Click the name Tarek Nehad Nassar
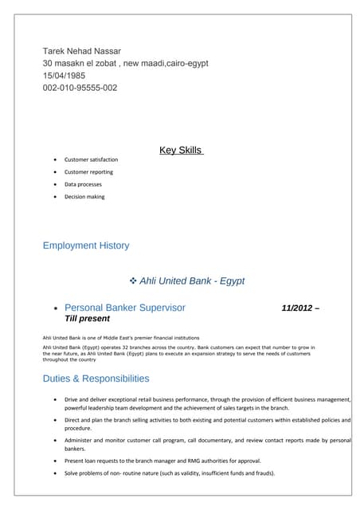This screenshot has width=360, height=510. (x=82, y=51)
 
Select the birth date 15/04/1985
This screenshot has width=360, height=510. (x=68, y=76)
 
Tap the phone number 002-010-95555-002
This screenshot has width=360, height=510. (x=80, y=88)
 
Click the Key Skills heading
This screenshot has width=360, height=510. (x=181, y=150)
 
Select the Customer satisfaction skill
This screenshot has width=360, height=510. (x=91, y=159)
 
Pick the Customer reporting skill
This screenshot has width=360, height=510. (x=88, y=172)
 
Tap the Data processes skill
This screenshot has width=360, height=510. (x=83, y=184)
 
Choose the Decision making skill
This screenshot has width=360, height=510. (x=84, y=197)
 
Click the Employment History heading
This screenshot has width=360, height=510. (x=86, y=245)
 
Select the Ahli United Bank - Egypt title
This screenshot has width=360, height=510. (x=192, y=281)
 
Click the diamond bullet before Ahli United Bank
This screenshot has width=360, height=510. (x=133, y=281)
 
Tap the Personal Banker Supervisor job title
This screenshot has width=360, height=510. (x=125, y=308)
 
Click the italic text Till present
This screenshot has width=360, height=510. (x=87, y=319)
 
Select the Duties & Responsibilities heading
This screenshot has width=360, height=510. (x=96, y=379)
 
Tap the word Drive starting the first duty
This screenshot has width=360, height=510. (x=72, y=399)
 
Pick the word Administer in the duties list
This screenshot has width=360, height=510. (x=80, y=440)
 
